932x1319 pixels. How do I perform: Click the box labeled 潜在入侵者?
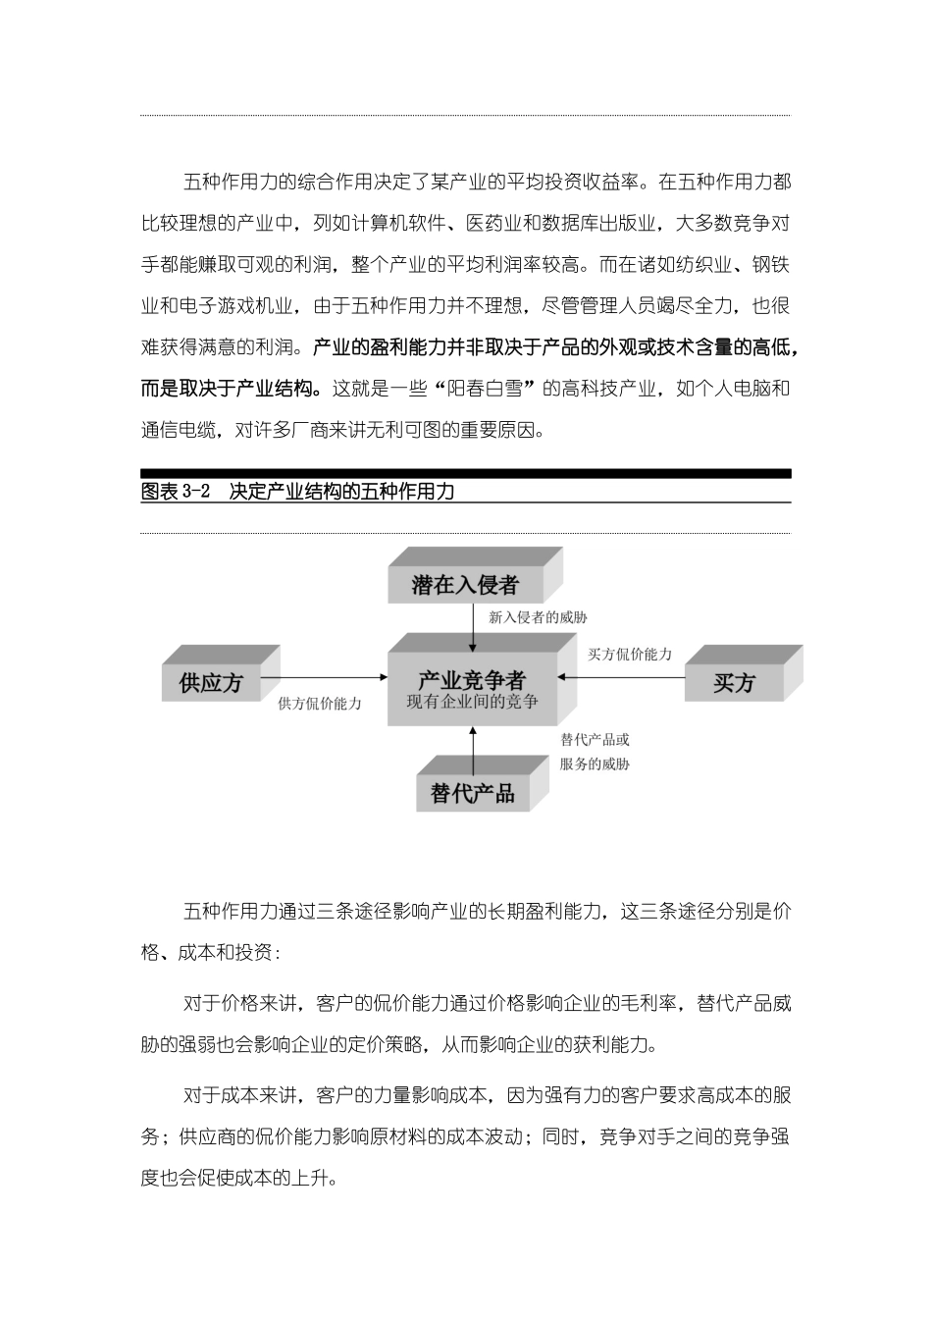click(x=464, y=586)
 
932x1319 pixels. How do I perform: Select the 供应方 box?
click(x=211, y=683)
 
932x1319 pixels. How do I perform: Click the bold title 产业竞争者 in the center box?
click(x=472, y=679)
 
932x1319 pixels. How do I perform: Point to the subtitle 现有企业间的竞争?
click(x=472, y=702)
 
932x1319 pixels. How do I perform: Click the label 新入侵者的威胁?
click(x=538, y=618)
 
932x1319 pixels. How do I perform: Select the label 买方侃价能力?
click(x=629, y=655)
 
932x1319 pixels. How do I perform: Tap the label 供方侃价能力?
click(x=320, y=704)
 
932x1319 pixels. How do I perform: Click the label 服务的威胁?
click(x=595, y=764)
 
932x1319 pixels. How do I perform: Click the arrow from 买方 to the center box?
click(x=620, y=676)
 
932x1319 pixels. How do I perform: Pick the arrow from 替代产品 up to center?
click(x=473, y=749)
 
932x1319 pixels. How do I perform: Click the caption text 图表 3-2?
click(x=176, y=492)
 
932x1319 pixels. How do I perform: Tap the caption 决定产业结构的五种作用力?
click(x=341, y=492)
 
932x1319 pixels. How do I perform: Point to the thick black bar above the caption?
click(x=465, y=473)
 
